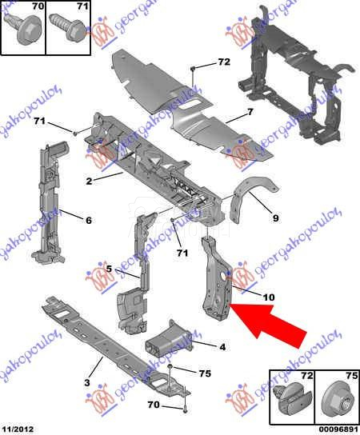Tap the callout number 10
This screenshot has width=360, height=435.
(269, 297)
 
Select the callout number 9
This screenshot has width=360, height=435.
(274, 217)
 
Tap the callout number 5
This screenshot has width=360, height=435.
(108, 269)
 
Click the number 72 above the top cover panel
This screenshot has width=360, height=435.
(223, 62)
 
